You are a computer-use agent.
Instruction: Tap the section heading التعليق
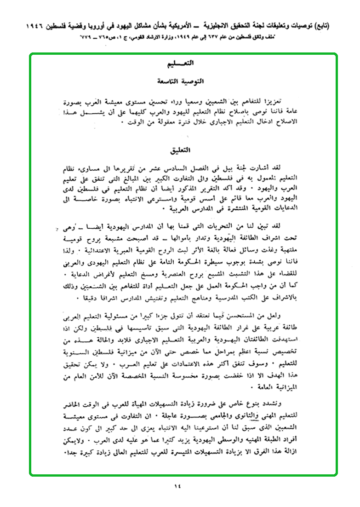180,150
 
